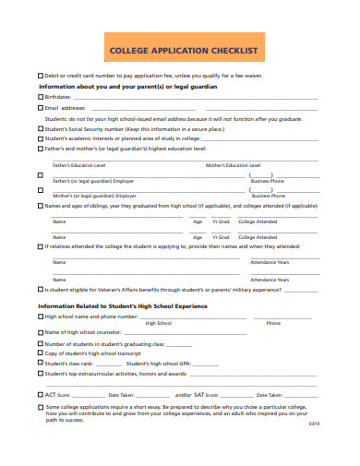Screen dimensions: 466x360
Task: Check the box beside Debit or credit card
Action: coord(40,75)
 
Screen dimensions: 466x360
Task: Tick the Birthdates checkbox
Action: coord(40,96)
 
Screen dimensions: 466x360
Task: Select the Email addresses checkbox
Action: coord(40,107)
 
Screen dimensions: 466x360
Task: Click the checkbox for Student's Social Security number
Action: coord(40,129)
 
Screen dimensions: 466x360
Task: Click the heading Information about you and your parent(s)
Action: coord(127,86)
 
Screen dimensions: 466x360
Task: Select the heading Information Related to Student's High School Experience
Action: coord(122,305)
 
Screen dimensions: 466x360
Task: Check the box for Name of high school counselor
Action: coord(40,331)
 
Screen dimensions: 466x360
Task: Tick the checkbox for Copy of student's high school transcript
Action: coord(40,353)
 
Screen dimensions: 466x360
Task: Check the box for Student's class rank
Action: coord(40,364)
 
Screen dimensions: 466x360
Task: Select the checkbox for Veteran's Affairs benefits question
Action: coord(40,289)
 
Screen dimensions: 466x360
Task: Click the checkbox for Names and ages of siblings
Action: coord(40,206)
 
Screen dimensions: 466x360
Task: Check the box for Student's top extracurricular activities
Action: coord(40,374)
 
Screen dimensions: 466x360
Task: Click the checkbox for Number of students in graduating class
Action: coord(40,343)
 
